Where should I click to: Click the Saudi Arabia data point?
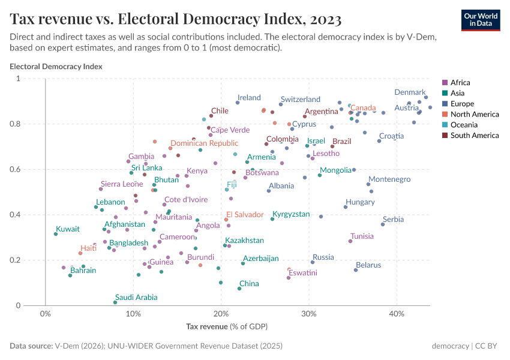[115, 302]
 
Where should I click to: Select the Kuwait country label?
[67, 229]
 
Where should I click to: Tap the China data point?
[239, 289]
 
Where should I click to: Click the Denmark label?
[410, 92]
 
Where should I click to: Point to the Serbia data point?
[383, 224]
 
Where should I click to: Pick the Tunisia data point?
[350, 241]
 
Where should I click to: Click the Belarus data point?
[356, 270]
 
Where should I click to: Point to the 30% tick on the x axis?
[309, 314]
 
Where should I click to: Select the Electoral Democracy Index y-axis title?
[56, 66]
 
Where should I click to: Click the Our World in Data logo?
[481, 19]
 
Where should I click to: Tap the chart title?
[176, 19]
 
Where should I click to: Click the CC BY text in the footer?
[487, 346]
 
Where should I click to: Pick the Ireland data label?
[249, 98]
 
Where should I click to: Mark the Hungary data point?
[346, 207]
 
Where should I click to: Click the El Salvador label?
[245, 214]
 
